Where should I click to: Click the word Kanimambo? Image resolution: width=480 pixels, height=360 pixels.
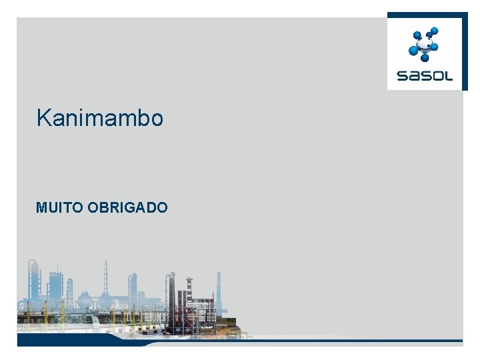(x=100, y=118)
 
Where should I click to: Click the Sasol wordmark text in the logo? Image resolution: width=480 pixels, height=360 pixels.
(x=425, y=76)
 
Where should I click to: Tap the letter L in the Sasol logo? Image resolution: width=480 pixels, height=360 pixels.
(x=449, y=76)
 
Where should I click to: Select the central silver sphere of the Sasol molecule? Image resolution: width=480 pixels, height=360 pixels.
(x=423, y=46)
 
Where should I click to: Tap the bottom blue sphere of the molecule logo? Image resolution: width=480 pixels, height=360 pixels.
(x=425, y=58)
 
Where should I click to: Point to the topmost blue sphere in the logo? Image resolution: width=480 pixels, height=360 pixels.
(x=434, y=31)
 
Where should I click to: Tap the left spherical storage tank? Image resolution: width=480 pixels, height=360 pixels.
(x=85, y=299)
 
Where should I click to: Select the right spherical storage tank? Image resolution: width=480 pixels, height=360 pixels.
(x=105, y=299)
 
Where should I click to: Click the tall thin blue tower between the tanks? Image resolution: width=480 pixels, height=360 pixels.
(x=105, y=277)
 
